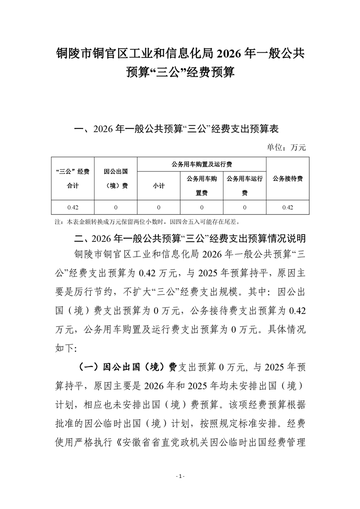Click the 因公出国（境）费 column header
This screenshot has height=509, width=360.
115,178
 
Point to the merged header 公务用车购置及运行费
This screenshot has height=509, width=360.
201,164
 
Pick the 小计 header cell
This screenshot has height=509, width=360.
158,186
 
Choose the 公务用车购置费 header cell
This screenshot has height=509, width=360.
201,186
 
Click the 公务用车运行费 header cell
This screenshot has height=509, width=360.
244,186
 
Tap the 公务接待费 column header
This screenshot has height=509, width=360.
288,178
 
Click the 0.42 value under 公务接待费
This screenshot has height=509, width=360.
288,207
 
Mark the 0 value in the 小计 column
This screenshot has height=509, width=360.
158,207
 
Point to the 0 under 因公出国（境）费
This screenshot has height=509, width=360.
115,207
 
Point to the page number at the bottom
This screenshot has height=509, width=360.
180,476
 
